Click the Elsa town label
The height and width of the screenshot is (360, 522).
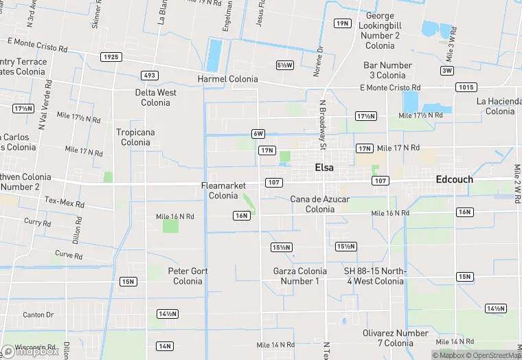(324, 168)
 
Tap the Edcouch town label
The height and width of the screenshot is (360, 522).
(454, 179)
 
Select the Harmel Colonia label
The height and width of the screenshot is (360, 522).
(227, 79)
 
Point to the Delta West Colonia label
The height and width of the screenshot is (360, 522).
(155, 98)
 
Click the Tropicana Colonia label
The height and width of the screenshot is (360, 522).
(135, 137)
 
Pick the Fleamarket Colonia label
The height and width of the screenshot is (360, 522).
(223, 190)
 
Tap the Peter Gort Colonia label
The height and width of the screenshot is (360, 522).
(188, 276)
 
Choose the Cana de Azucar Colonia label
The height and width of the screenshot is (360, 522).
(320, 204)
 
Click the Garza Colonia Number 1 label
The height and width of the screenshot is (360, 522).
(300, 276)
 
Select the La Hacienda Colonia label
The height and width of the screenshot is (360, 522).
(499, 106)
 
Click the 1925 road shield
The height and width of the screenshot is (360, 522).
(111, 56)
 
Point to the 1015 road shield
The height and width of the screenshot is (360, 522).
(465, 87)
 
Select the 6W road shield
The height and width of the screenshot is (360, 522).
(258, 133)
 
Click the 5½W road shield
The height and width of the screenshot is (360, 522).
(284, 65)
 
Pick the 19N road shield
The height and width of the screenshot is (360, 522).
(342, 23)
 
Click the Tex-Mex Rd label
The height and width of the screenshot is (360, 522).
(65, 203)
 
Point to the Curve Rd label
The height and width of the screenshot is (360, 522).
(69, 255)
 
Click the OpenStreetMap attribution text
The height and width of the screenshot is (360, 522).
(492, 355)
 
